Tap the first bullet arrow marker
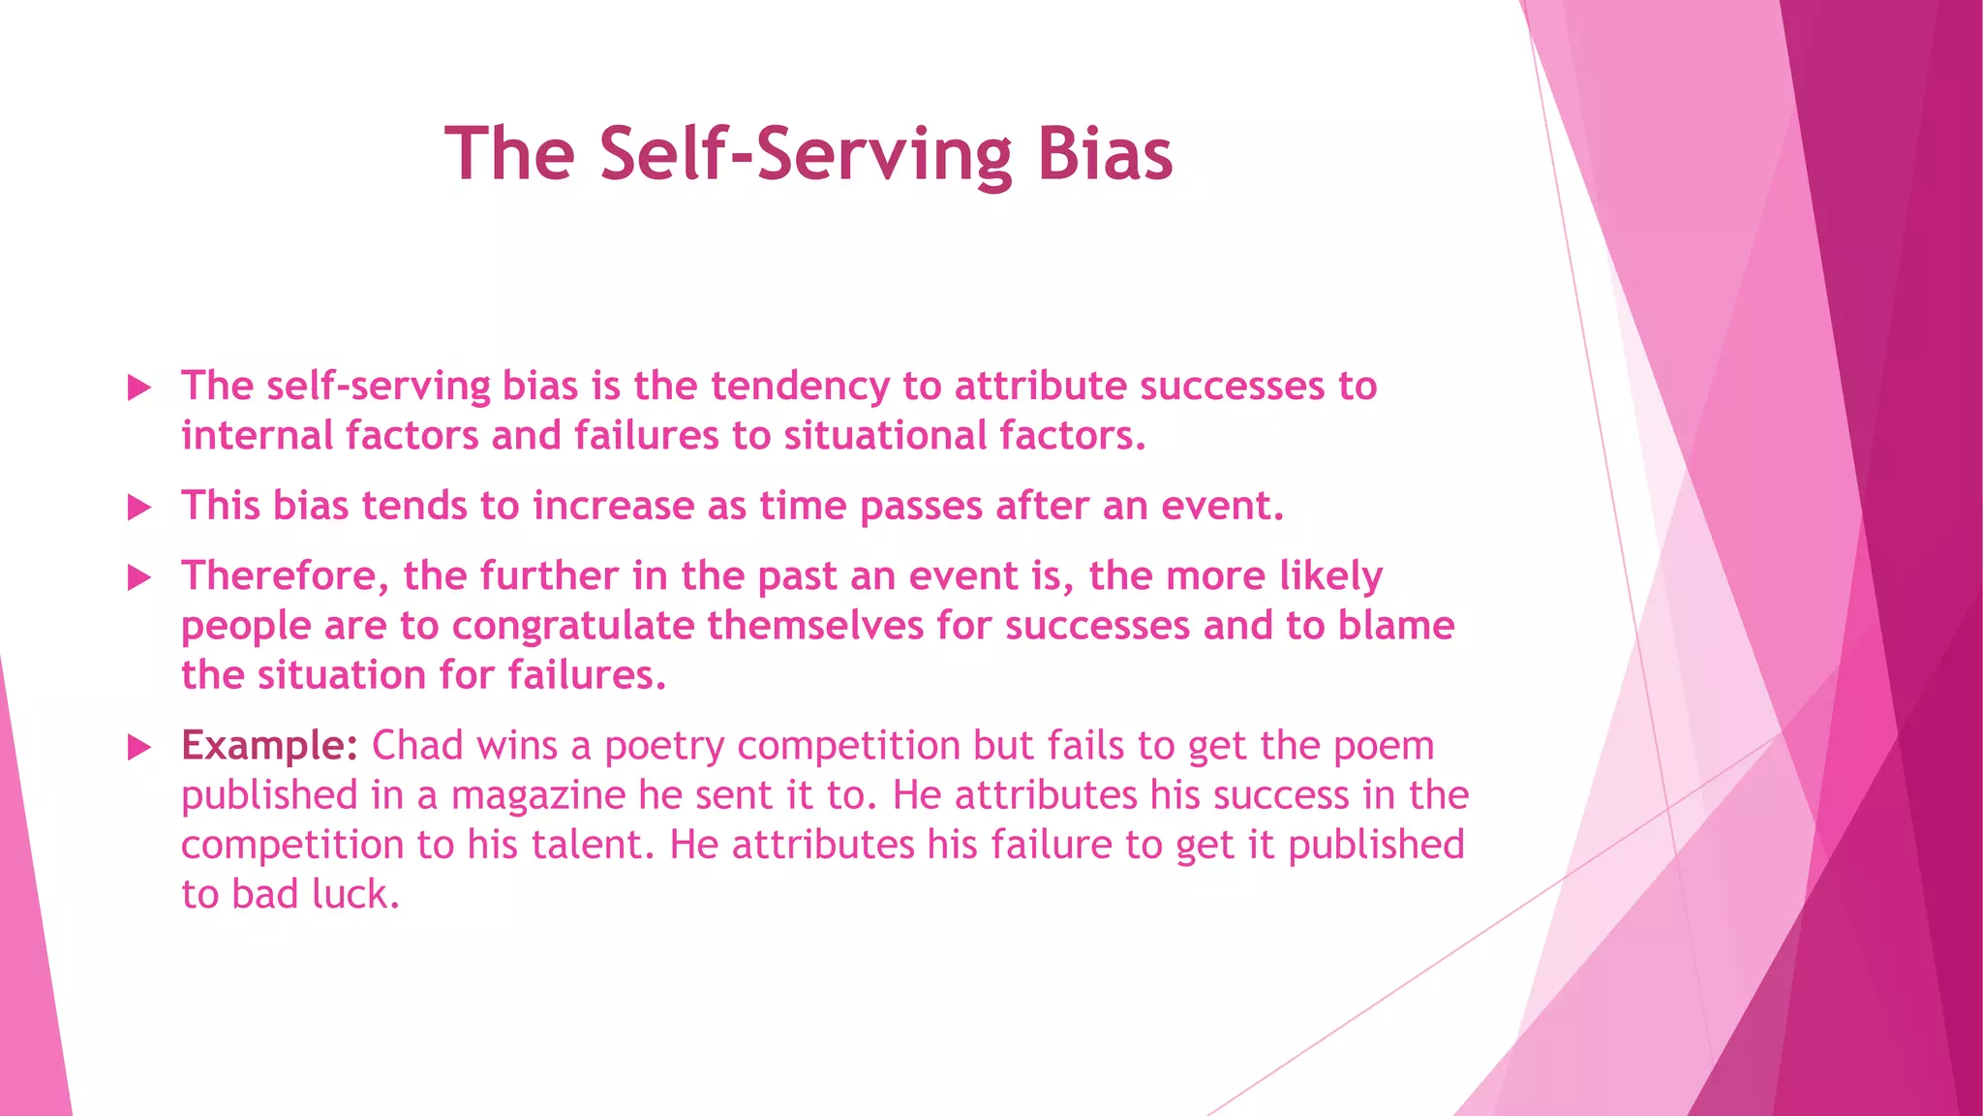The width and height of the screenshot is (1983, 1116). tap(140, 388)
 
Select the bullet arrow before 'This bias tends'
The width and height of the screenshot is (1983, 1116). tap(140, 508)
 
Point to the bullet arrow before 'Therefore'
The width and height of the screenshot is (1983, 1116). tap(140, 578)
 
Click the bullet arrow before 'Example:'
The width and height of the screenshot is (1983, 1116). tap(140, 747)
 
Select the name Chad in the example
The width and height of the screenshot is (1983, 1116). tap(417, 746)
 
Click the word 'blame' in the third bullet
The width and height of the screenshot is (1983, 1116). tap(1396, 626)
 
